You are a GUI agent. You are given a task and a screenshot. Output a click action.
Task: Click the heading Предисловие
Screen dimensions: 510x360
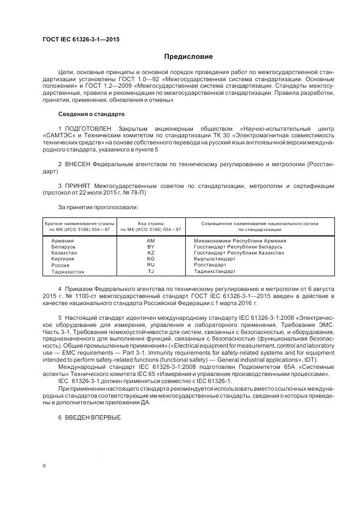(189, 57)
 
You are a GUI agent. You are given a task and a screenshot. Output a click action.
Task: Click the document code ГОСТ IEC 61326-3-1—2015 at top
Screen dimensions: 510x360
(81, 40)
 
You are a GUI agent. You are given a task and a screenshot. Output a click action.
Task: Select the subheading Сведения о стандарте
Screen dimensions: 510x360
(91, 114)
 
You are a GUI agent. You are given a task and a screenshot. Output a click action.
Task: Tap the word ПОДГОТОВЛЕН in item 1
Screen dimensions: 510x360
(87, 128)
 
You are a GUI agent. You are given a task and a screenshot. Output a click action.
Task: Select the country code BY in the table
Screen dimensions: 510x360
(151, 247)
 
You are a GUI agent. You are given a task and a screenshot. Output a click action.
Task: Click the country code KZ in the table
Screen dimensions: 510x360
(151, 253)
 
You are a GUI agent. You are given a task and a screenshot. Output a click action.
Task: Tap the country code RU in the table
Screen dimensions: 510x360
(151, 265)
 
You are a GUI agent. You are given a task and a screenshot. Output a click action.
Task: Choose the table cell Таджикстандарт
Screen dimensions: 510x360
(215, 271)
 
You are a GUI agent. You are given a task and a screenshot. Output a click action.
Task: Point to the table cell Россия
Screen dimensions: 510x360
(60, 265)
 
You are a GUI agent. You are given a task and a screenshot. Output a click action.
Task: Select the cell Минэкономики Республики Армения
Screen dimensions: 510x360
(240, 240)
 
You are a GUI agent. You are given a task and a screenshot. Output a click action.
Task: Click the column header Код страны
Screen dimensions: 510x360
(151, 223)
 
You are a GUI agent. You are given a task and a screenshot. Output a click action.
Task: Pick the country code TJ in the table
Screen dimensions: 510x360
(151, 271)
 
